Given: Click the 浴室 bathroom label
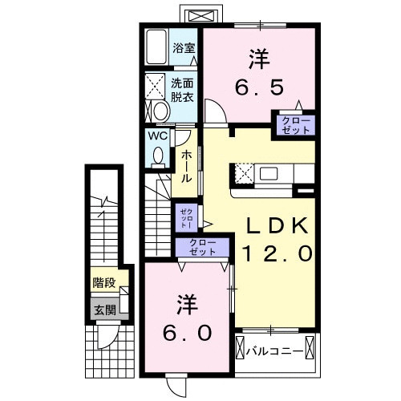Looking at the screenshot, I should pos(184,47).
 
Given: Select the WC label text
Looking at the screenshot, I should pos(157,136).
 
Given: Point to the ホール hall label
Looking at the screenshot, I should pos(185,164).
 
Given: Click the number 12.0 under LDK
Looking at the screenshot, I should pos(277,254).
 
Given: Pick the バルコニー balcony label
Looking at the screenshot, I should pos(274,350).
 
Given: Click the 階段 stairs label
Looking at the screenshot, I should pos(102,282).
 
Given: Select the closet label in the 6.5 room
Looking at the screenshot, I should pos(297,124).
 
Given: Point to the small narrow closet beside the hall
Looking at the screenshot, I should pos(184,215).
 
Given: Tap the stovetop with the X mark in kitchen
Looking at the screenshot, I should pos(242,172).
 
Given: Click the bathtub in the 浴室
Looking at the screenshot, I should pos(156,49).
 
